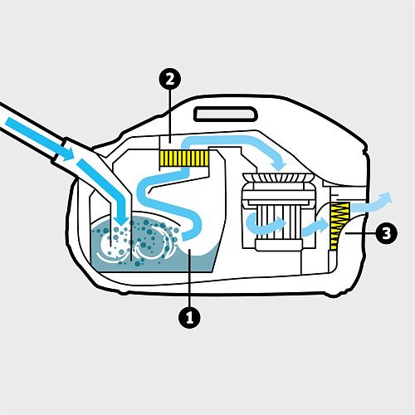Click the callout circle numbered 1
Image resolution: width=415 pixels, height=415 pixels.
(x=189, y=317)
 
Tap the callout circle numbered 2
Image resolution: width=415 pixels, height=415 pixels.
(x=170, y=80)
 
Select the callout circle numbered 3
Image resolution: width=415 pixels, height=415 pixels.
(x=387, y=233)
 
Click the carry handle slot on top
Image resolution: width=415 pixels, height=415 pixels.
(x=226, y=114)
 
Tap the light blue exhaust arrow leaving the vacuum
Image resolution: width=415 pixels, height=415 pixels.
(x=371, y=203)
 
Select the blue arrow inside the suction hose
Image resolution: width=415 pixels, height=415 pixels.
(x=40, y=139)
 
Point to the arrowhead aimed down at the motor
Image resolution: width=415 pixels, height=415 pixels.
(x=279, y=164)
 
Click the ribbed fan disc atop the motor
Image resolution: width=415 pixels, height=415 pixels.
(x=278, y=178)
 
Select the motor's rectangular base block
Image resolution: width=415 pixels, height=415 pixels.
(x=278, y=246)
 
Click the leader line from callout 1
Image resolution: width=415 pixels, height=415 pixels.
(x=189, y=277)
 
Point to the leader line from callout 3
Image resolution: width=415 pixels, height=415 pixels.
(x=360, y=233)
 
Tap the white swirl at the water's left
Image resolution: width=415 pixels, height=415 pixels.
(x=110, y=247)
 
